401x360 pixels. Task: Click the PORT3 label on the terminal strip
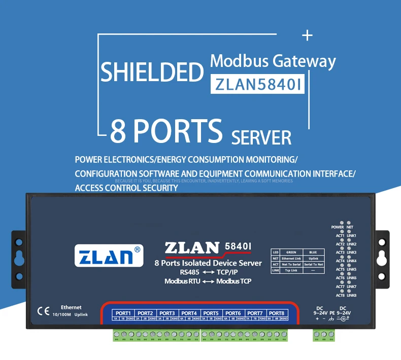(167, 313)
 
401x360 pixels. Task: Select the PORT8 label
(277, 313)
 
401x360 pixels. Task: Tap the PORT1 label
(123, 313)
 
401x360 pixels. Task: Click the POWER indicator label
(337, 227)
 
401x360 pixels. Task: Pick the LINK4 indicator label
(351, 261)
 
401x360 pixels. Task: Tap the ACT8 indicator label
(340, 295)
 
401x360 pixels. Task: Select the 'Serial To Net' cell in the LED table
(309, 264)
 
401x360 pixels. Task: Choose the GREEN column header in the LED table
(291, 251)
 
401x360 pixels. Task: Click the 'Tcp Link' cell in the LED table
(291, 270)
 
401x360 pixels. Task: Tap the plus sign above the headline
(307, 35)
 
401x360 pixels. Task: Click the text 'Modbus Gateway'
(273, 61)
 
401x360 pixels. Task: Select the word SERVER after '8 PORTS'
(261, 137)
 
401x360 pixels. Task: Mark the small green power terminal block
(324, 335)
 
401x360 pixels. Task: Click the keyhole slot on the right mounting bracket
(382, 259)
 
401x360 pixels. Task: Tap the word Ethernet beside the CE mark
(71, 307)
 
